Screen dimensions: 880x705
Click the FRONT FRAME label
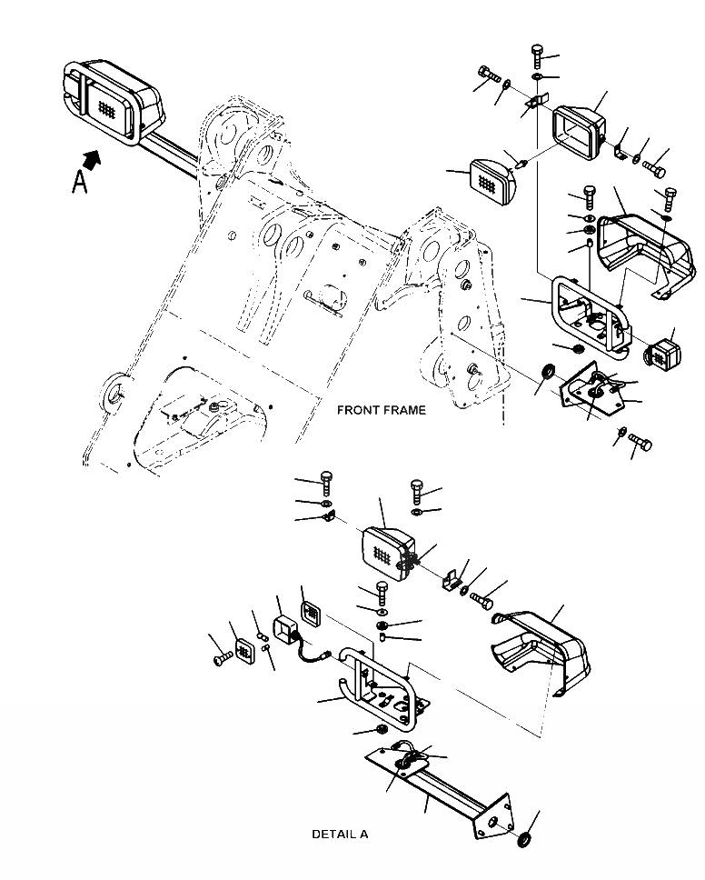381,410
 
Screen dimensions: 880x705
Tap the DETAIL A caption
340,834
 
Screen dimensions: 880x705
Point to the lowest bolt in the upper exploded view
640,444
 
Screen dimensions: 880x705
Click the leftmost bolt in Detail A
222,656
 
